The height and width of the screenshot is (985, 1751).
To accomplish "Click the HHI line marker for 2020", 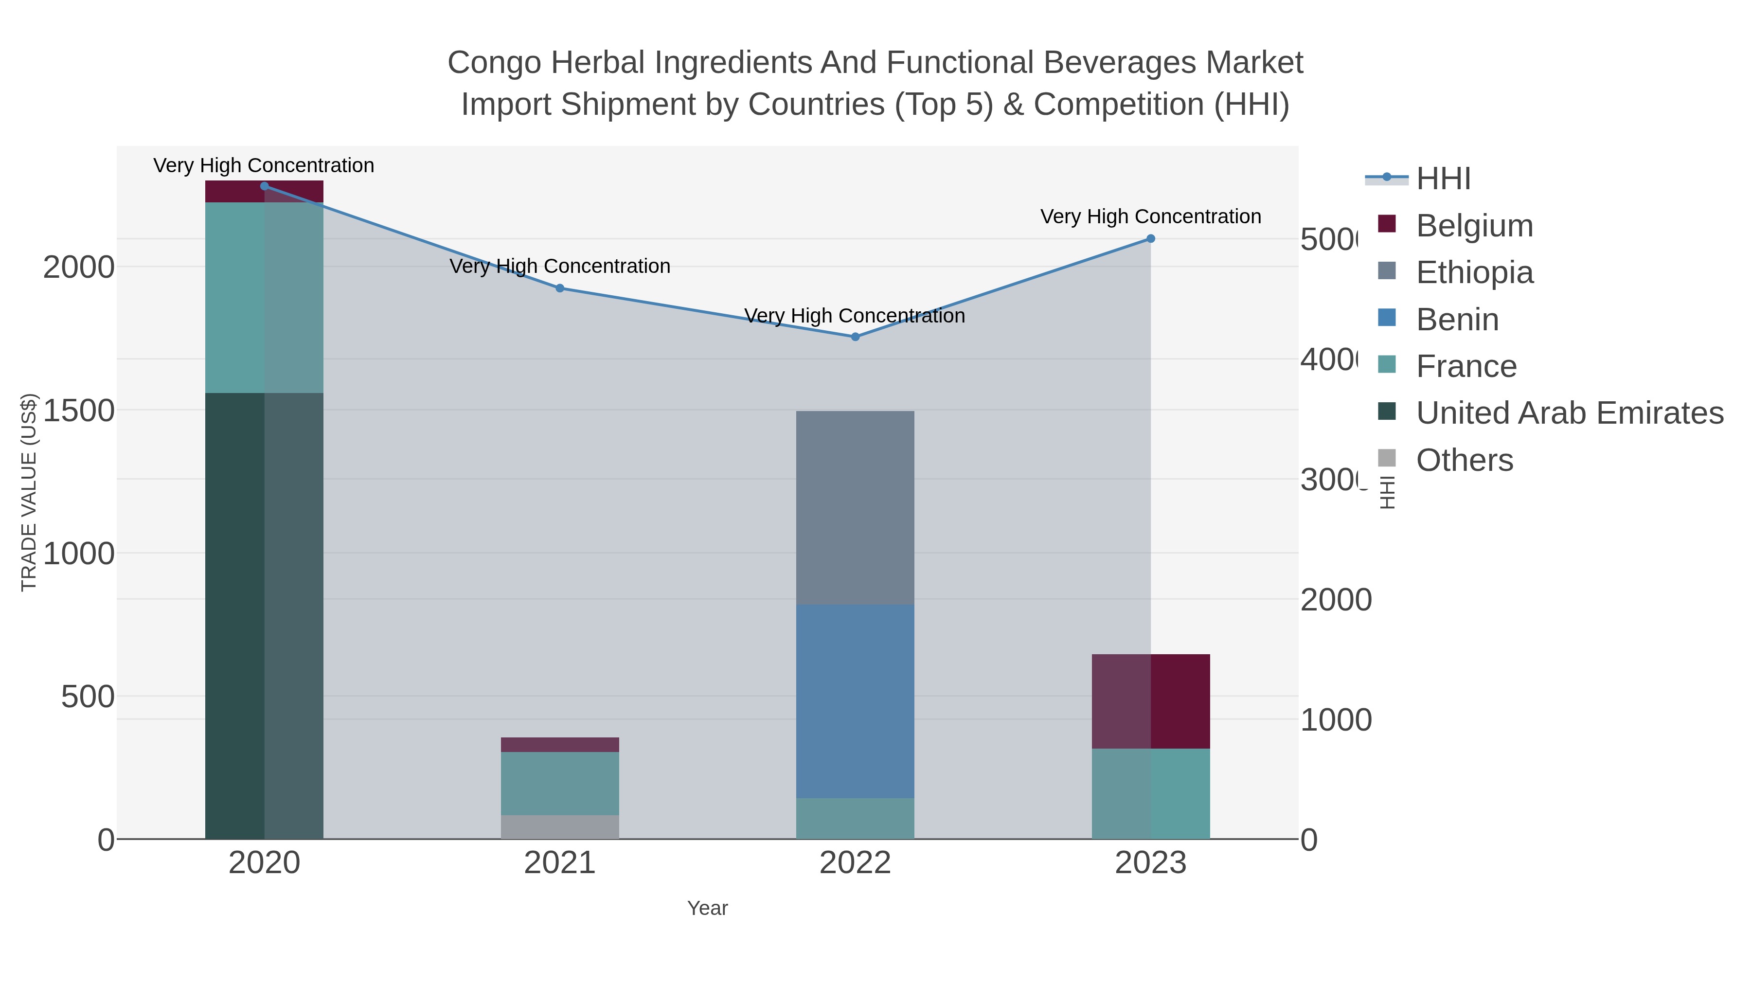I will [265, 186].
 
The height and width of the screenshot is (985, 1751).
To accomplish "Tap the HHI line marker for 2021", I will [560, 288].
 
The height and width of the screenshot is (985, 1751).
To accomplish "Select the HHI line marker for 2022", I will [855, 337].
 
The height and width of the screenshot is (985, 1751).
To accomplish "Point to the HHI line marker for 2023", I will [1151, 239].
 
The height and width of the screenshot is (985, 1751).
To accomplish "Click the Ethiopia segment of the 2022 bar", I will [855, 508].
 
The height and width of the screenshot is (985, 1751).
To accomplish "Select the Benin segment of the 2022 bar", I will [855, 701].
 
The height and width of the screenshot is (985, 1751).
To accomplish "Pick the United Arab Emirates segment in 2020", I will [265, 615].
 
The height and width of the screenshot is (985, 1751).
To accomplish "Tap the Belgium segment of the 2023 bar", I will [1151, 701].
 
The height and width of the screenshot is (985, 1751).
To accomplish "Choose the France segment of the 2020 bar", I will [265, 297].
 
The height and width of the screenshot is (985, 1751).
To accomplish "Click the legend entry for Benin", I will [1457, 320].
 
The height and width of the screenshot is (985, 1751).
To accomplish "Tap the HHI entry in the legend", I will [1443, 179].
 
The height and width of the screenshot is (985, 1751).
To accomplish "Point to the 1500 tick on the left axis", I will [79, 411].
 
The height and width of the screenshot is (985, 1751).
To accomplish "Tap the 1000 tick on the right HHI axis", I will [1335, 720].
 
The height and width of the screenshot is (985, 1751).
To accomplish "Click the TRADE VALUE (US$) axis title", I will [29, 492].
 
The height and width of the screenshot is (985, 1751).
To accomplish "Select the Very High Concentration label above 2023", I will [1150, 217].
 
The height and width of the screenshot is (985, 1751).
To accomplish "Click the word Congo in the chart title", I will [494, 63].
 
